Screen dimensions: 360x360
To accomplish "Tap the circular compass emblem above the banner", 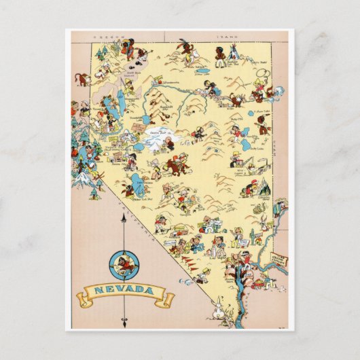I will (123, 263).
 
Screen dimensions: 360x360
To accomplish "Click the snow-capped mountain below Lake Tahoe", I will (82, 178).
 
